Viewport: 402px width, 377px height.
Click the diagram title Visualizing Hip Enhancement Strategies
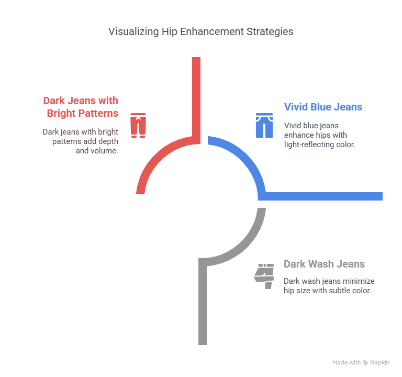click(x=200, y=31)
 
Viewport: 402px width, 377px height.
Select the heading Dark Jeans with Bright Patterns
click(x=81, y=106)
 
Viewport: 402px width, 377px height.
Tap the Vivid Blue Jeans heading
click(x=323, y=107)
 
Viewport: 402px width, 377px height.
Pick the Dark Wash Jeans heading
click(x=324, y=264)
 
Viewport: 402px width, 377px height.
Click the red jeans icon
click(x=138, y=125)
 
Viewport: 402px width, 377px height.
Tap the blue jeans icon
click(x=264, y=125)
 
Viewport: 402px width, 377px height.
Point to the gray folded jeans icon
click(x=264, y=276)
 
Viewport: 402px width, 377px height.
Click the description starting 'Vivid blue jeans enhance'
click(x=319, y=135)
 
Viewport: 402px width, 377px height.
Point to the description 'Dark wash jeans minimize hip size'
click(x=329, y=285)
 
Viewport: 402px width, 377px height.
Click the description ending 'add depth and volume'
click(x=81, y=141)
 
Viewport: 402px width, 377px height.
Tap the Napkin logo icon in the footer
click(x=365, y=362)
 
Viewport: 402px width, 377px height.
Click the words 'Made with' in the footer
click(x=347, y=362)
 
